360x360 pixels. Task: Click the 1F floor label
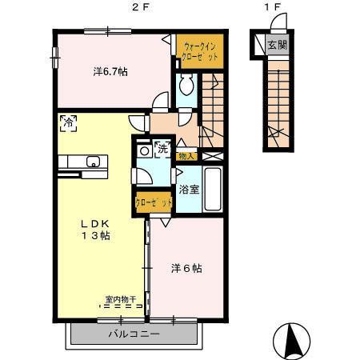tap(274, 8)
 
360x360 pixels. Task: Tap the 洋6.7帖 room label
tap(110, 72)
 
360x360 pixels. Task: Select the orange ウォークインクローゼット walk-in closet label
tap(199, 53)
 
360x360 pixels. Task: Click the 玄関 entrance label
tap(277, 45)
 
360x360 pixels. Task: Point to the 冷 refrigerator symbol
tap(69, 122)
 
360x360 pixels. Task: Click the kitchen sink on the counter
tap(93, 160)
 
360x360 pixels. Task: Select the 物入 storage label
tap(186, 155)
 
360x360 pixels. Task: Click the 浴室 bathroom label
tap(189, 190)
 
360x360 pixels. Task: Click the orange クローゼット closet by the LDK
tap(154, 203)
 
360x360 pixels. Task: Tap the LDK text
tap(94, 222)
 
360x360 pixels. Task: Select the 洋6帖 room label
tap(186, 268)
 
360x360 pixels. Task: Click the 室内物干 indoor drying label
tap(120, 299)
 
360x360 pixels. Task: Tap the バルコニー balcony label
tap(134, 332)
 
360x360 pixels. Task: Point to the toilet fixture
tap(185, 85)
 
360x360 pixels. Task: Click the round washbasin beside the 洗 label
tap(145, 150)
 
